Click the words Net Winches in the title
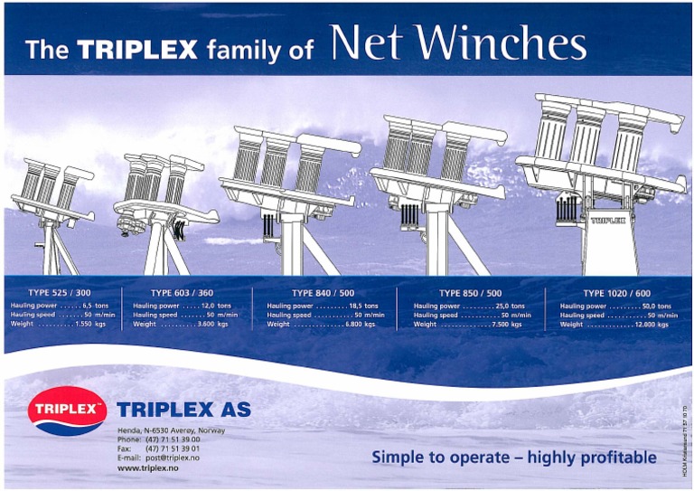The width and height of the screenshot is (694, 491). pos(458,42)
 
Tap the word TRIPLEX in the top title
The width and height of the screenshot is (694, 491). pos(136,49)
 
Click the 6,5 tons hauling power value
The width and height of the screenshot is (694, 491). pos(94,307)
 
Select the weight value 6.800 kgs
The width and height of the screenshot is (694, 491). pos(362,324)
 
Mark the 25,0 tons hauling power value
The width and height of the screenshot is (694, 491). pos(510,307)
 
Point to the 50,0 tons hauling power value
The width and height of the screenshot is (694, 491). pos(656,307)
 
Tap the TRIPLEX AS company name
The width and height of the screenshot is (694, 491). pos(183,410)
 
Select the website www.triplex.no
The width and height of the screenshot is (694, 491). pos(145,469)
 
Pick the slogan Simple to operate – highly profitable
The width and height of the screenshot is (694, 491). pos(514,458)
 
